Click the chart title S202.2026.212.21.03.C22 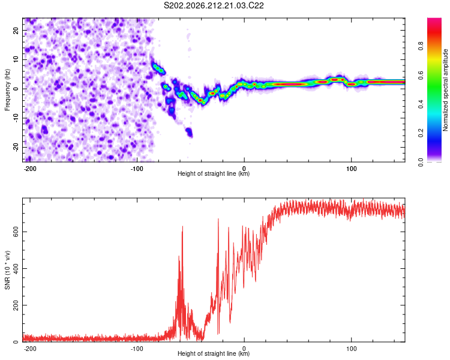click(214, 5)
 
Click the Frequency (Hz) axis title click(7, 90)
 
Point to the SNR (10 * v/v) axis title click(7, 270)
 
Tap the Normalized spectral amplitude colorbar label click(445, 90)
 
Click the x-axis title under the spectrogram click(214, 173)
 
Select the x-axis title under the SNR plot click(214, 353)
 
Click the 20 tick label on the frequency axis click(16, 30)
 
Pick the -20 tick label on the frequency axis click(16, 147)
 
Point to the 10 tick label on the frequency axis click(16, 59)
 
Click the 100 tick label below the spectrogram click(351, 169)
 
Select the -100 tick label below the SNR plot click(137, 349)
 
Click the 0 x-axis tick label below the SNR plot click(244, 349)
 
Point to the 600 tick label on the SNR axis click(16, 232)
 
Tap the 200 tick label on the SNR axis click(16, 305)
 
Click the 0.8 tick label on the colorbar click(421, 46)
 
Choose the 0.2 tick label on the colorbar click(421, 133)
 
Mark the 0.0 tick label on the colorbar click(421, 162)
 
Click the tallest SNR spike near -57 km click(182, 227)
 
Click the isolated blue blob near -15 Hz click(189, 133)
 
